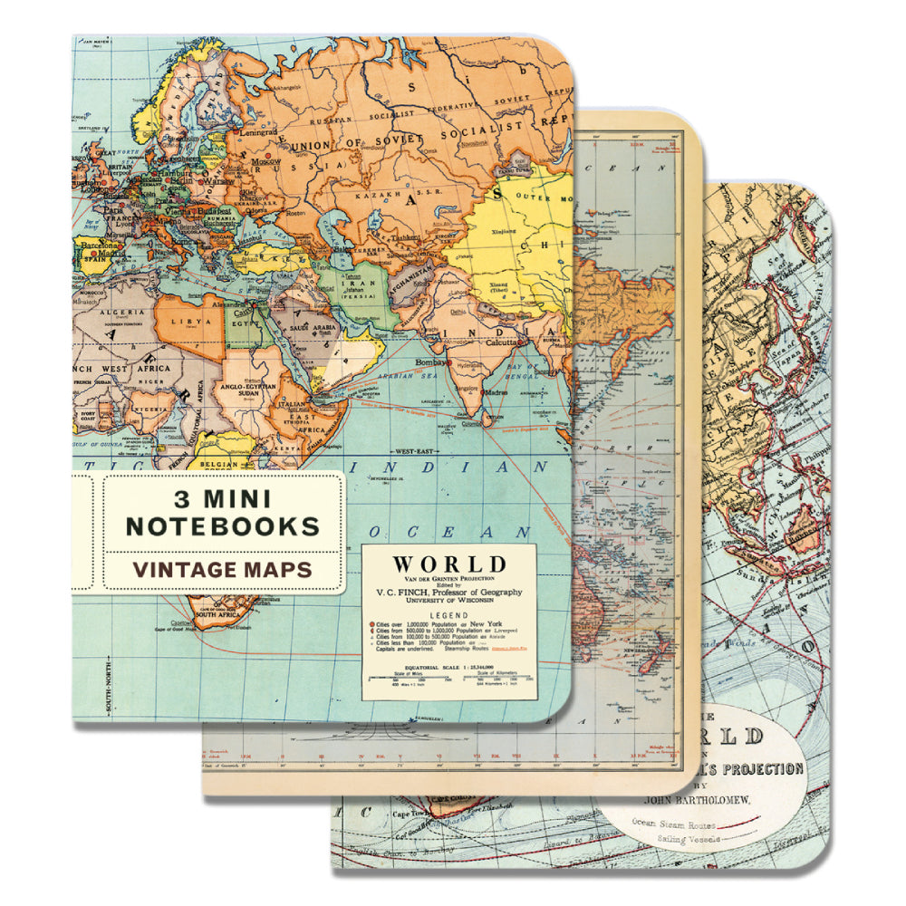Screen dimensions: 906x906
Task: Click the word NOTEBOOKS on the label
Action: tap(222, 525)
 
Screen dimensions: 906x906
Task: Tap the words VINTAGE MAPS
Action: tap(222, 570)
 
